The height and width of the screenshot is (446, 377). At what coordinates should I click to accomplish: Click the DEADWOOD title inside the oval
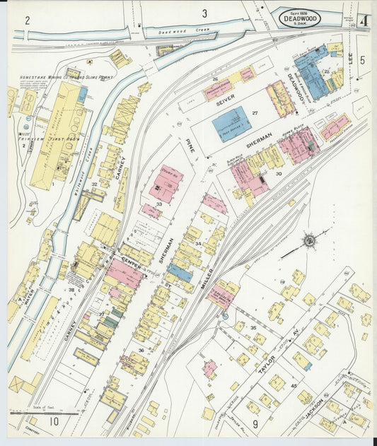298,18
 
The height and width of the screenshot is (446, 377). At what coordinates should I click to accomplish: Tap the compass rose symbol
309,241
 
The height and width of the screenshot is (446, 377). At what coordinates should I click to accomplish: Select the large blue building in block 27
231,123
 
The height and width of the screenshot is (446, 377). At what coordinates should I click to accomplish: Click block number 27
255,113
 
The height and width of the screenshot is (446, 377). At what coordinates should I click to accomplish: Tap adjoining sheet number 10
53,422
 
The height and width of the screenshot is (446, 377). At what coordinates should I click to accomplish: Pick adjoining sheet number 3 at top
204,13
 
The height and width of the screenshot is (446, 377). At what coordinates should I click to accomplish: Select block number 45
294,385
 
